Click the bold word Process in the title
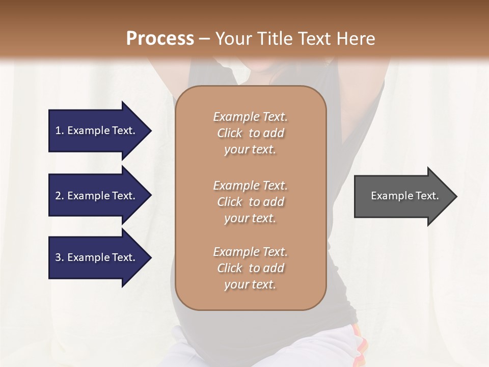click(x=160, y=39)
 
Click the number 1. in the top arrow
click(x=60, y=130)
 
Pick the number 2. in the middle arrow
click(x=60, y=196)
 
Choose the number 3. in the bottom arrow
click(x=60, y=257)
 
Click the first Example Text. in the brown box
click(x=250, y=117)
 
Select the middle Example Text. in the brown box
click(x=250, y=186)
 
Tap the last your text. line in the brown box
click(x=250, y=284)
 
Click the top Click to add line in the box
click(x=250, y=133)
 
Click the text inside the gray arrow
click(x=404, y=196)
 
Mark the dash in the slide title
click(x=205, y=39)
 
